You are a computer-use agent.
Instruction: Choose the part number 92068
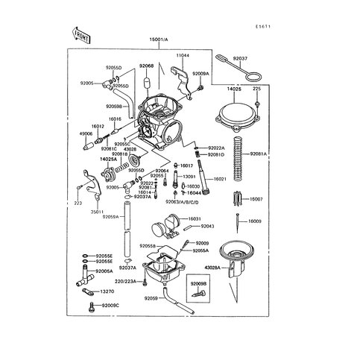point(147,66)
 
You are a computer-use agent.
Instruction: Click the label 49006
point(87,134)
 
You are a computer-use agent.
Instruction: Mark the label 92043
point(208,226)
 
